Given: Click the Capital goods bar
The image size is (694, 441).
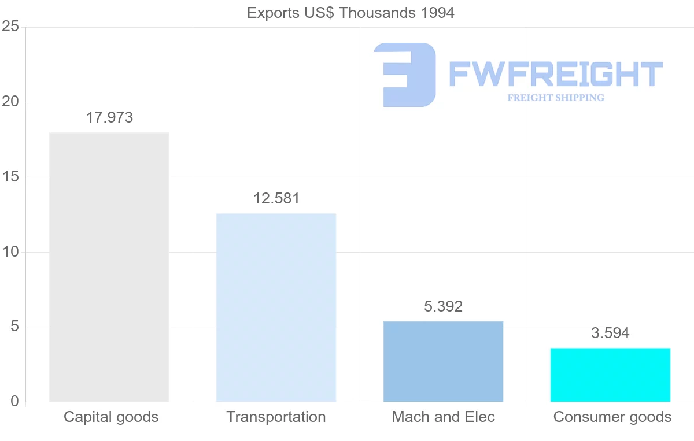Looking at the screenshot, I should click(x=109, y=267).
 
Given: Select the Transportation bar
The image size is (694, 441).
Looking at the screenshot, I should click(x=276, y=307).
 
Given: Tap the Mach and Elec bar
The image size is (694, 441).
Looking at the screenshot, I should click(x=443, y=361).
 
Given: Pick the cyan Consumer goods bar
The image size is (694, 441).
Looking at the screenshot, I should click(x=610, y=375).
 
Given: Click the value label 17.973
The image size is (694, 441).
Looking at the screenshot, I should click(x=109, y=118).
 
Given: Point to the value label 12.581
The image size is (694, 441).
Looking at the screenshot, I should click(x=276, y=199).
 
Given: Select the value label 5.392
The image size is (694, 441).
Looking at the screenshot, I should click(x=444, y=306).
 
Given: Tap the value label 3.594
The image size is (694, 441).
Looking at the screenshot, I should click(x=610, y=333).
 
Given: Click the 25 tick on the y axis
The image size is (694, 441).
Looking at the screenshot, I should click(x=10, y=27).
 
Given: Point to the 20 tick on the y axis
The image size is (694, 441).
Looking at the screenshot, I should click(x=10, y=102).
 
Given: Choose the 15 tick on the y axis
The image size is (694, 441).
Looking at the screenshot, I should click(x=10, y=177).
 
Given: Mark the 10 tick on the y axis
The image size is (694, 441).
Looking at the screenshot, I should click(x=10, y=252).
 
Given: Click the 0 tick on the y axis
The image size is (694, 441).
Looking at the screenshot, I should click(x=14, y=402).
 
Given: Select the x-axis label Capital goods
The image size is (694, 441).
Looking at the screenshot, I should click(x=111, y=417).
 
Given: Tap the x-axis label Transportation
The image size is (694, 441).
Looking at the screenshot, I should click(x=276, y=417).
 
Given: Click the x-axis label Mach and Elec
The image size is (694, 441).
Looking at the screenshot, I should click(x=443, y=417).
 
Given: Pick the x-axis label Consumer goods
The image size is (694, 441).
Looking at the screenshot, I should click(x=612, y=417).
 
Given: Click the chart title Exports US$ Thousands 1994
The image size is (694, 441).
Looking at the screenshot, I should click(x=350, y=13).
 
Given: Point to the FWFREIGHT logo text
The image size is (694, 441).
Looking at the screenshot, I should click(x=555, y=74).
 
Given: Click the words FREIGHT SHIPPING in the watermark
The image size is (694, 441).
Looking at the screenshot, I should click(x=556, y=98).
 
